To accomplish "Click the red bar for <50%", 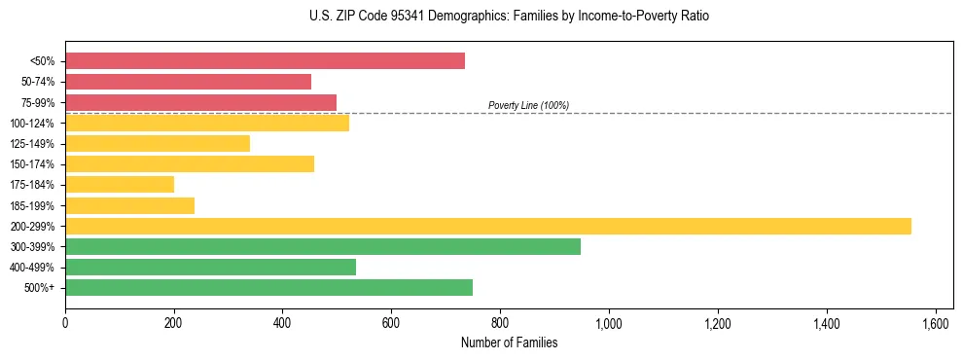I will pos(265,61).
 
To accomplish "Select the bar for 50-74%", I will pos(188,82).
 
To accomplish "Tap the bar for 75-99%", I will pos(200,102).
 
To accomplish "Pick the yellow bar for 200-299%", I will pos(488,226).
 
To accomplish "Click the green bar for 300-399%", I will pos(323,246).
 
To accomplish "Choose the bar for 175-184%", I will pos(120,185).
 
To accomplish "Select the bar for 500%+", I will pos(268,287).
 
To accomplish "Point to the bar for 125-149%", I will pos(158,144).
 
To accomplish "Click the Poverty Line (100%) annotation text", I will pos(528,105).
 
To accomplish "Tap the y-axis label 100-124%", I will pos(32,124).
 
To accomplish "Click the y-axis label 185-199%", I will pos(32,205).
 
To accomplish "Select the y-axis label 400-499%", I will pos(32,268).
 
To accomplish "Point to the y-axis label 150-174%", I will pos(32,164).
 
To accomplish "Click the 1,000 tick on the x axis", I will pos(609,322).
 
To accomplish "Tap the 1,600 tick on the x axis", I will pos(936,322).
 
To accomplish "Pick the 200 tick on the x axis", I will pos(174,322).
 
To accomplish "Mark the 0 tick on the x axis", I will pos(65,322).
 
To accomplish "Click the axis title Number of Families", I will pos(509,342).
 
